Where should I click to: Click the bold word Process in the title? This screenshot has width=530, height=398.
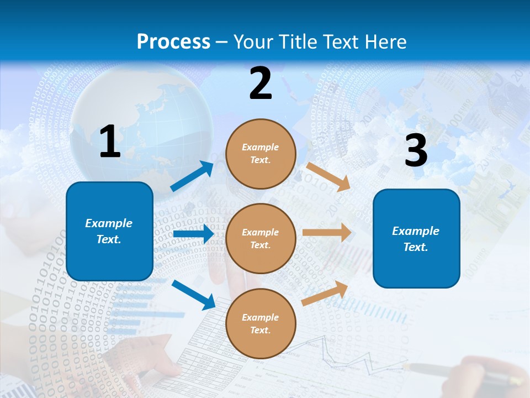(x=173, y=42)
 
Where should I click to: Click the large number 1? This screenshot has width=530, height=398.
(x=110, y=142)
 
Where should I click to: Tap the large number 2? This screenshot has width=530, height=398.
(x=261, y=83)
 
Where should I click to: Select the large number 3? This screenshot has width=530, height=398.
(x=416, y=150)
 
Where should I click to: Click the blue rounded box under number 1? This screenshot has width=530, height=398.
(x=109, y=231)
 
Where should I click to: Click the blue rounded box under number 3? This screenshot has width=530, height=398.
(x=416, y=239)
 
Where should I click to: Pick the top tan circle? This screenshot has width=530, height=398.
(x=261, y=154)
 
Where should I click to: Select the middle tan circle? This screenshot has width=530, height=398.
(x=261, y=238)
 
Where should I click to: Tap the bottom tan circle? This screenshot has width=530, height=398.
(x=261, y=323)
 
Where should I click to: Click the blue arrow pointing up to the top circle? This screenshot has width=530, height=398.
(x=192, y=176)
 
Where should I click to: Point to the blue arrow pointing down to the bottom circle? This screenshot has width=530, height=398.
(x=194, y=295)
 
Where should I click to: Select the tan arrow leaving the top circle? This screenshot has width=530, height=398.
(x=328, y=176)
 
